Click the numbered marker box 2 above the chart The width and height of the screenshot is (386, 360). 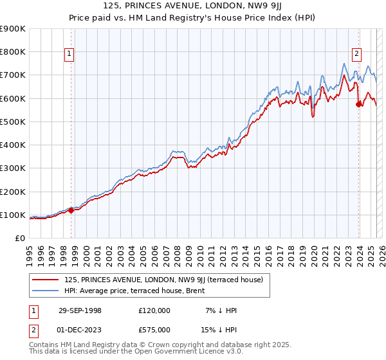pyautogui.click(x=356, y=54)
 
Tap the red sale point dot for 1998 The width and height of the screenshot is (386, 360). pyautogui.click(x=71, y=210)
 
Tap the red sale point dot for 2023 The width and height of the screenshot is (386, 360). pyautogui.click(x=358, y=105)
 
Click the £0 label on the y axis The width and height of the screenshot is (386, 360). pyautogui.click(x=19, y=238)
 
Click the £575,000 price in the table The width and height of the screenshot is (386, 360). pyautogui.click(x=154, y=328)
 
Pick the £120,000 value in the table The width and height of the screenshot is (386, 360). pyautogui.click(x=154, y=310)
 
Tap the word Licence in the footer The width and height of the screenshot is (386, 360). pyautogui.click(x=192, y=353)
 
